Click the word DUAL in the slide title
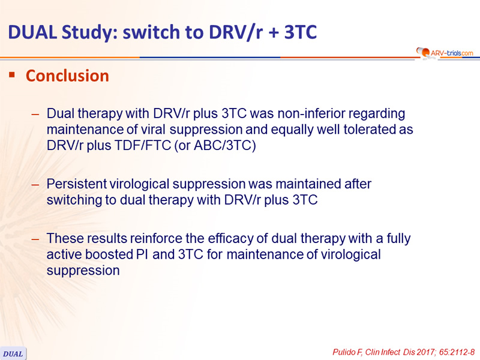(32, 32)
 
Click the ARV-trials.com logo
(445, 53)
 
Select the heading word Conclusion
(67, 76)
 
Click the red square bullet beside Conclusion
(12, 74)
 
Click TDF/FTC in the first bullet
(142, 145)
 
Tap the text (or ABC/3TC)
(215, 145)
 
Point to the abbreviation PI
(142, 254)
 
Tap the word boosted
(109, 254)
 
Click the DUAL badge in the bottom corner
(13, 353)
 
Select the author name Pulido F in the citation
(347, 352)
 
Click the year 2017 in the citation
(426, 352)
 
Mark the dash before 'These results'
(35, 239)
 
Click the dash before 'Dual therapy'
(35, 114)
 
